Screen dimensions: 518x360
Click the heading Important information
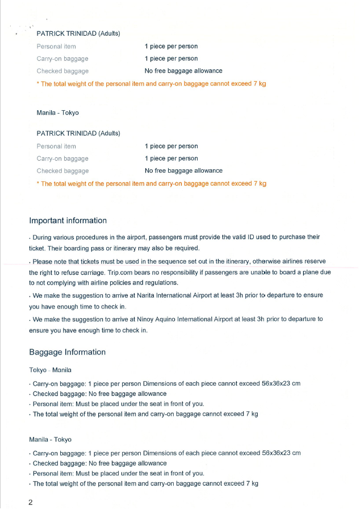(x=68, y=220)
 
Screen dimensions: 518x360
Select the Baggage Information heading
(x=67, y=352)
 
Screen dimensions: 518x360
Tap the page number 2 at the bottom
(x=31, y=503)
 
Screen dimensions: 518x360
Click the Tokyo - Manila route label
(x=50, y=370)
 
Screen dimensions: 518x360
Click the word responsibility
(x=227, y=272)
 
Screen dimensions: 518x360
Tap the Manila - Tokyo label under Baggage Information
(x=50, y=440)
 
